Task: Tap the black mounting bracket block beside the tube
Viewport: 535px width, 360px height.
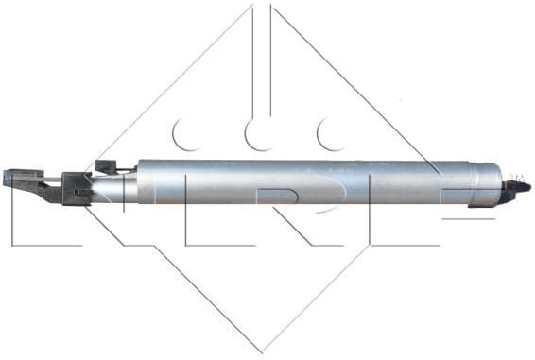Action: [x=76, y=187]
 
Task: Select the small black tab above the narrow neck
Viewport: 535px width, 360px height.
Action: [x=107, y=167]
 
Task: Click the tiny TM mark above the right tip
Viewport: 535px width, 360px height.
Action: [x=517, y=176]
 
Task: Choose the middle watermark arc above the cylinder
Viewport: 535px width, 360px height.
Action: [x=258, y=135]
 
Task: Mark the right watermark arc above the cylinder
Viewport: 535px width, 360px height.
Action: [x=331, y=135]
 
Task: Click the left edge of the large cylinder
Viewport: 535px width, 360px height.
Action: [x=139, y=181]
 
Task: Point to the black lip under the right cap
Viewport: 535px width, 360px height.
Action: [x=506, y=200]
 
